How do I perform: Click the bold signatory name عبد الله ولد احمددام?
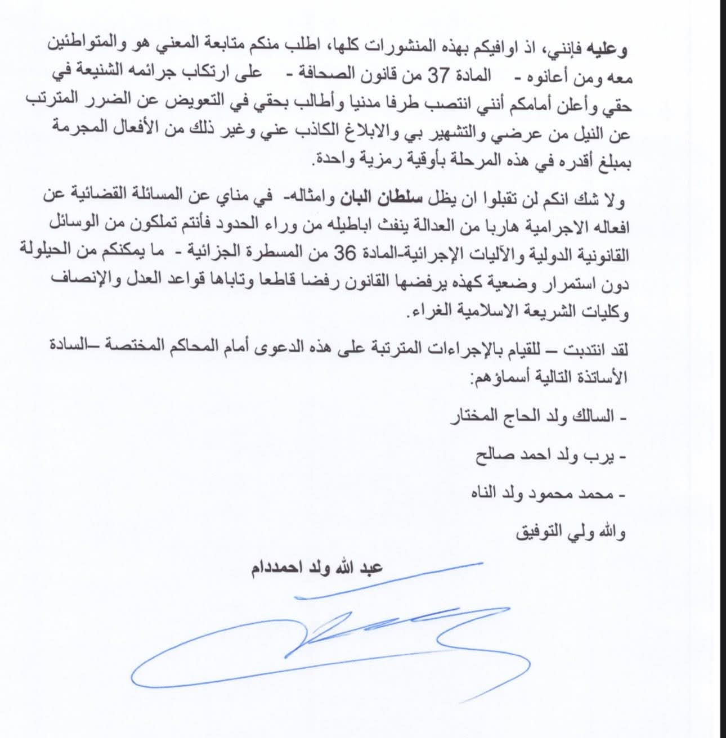[316, 568]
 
